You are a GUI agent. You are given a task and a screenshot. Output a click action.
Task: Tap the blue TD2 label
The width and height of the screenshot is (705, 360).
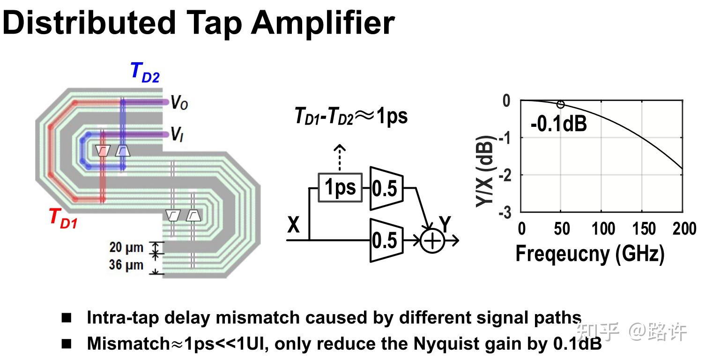pyautogui.click(x=145, y=73)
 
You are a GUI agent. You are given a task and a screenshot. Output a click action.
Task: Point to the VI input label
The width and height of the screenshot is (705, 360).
pyautogui.click(x=176, y=136)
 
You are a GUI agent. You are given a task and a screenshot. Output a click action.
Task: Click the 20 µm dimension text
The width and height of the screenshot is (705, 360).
pyautogui.click(x=126, y=247)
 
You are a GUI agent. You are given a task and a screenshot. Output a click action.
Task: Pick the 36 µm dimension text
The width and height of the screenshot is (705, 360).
pyautogui.click(x=126, y=265)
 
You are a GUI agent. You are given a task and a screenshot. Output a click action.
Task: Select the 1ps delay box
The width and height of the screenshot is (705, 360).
pyautogui.click(x=340, y=187)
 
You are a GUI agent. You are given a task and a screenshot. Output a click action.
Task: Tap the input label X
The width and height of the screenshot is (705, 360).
pyautogui.click(x=293, y=226)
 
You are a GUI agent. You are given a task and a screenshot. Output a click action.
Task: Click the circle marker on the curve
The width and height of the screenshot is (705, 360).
pyautogui.click(x=561, y=104)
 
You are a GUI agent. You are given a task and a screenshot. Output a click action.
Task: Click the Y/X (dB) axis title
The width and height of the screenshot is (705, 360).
pyautogui.click(x=485, y=174)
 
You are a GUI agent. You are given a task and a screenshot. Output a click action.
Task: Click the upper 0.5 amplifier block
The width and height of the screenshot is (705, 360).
pyautogui.click(x=385, y=188)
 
